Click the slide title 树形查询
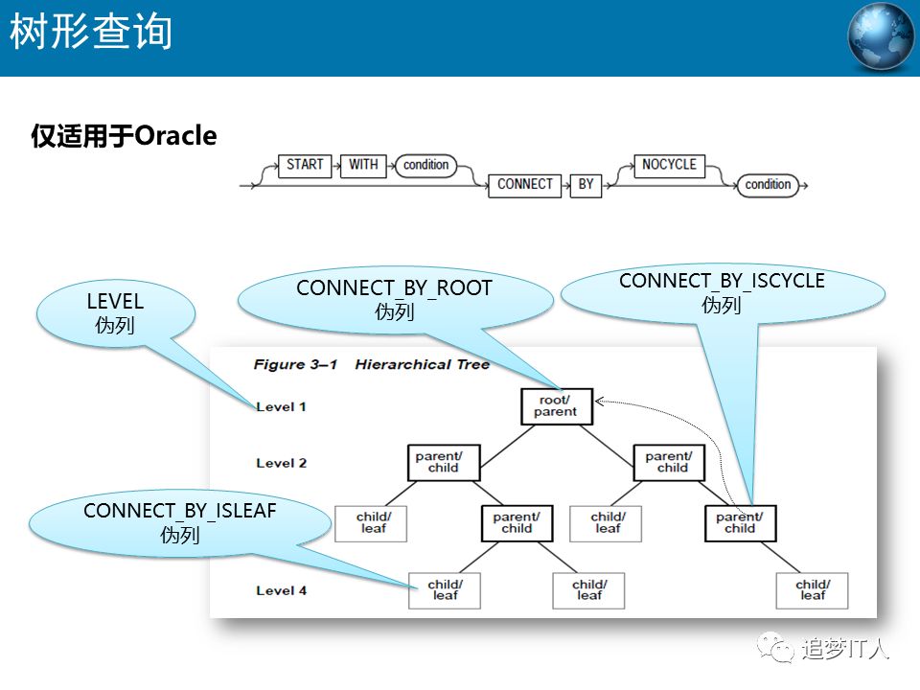tap(92, 33)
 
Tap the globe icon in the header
tap(881, 37)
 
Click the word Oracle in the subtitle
tap(175, 136)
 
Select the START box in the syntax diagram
tap(305, 165)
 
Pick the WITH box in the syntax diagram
tap(363, 165)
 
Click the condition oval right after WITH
tap(425, 165)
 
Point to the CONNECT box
tap(525, 184)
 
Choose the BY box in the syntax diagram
tap(586, 184)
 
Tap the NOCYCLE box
tap(669, 165)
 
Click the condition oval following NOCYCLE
tap(768, 184)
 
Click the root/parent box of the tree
tap(556, 405)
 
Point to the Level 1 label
tap(282, 406)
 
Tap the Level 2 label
tap(282, 463)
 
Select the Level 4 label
tap(282, 590)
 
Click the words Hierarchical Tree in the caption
tap(422, 364)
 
